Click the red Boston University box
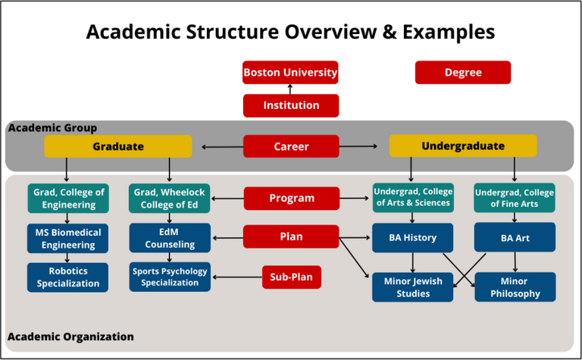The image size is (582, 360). click(290, 73)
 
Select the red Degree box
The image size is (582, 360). click(463, 73)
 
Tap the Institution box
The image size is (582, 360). click(290, 105)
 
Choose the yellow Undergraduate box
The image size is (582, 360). click(462, 146)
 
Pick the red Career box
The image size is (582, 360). click(290, 146)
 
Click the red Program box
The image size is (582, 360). click(291, 199)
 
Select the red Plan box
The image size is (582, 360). click(291, 236)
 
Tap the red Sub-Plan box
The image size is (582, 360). click(292, 277)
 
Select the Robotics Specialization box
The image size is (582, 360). click(68, 277)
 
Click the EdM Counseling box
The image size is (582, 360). click(171, 238)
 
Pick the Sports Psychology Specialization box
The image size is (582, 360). click(171, 277)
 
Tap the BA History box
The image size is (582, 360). click(413, 237)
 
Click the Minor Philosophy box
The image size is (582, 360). click(515, 287)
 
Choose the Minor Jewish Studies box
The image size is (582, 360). click(413, 287)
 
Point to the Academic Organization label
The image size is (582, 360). click(70, 337)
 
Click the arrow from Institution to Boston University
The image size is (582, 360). click(290, 89)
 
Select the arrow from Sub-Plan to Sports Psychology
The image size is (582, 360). click(236, 277)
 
